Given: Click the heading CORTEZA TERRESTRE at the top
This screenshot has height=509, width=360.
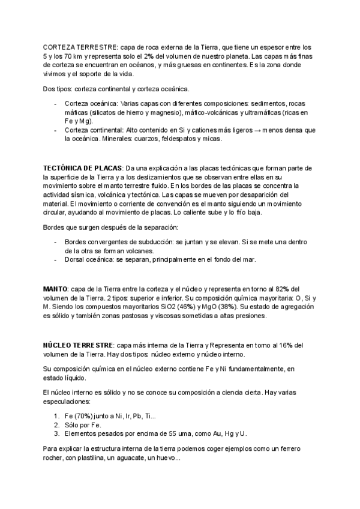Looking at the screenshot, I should point(80,47).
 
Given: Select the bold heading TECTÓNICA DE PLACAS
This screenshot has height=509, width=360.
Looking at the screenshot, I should point(82,169).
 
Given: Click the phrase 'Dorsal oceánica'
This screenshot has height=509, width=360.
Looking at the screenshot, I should point(89,259).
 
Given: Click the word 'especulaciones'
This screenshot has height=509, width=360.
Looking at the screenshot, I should point(67,401).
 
